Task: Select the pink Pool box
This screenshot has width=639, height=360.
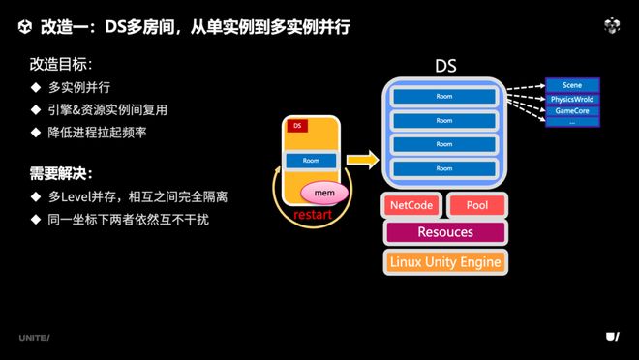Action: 476,205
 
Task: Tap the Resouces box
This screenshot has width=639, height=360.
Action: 444,232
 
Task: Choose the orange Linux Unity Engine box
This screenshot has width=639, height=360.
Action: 444,261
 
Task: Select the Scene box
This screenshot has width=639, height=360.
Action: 572,85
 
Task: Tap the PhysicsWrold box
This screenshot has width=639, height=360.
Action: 572,99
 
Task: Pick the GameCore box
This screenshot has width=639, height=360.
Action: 572,111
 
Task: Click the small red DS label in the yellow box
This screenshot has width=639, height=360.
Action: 297,127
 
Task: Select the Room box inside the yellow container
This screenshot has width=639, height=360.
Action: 311,160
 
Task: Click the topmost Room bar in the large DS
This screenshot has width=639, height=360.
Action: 443,97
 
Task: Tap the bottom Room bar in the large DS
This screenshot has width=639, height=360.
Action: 443,168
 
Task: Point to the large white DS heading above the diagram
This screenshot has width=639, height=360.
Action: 444,67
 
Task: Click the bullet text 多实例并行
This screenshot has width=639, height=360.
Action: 81,88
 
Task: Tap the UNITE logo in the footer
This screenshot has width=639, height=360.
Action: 34,337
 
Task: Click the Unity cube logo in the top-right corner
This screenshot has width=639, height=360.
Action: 611,26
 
